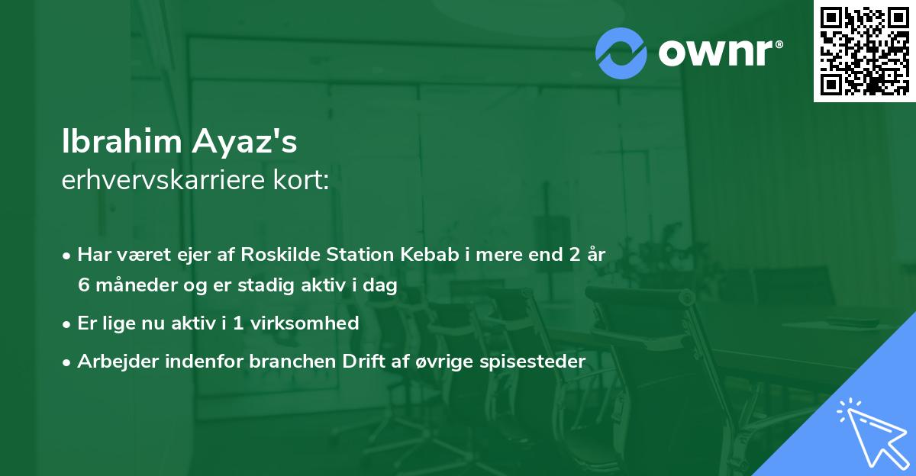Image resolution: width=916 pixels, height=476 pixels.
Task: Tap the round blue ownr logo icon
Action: (621, 53)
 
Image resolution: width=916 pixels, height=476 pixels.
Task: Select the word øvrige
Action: (438, 362)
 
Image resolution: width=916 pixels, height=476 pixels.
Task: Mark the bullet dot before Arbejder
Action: (67, 362)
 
